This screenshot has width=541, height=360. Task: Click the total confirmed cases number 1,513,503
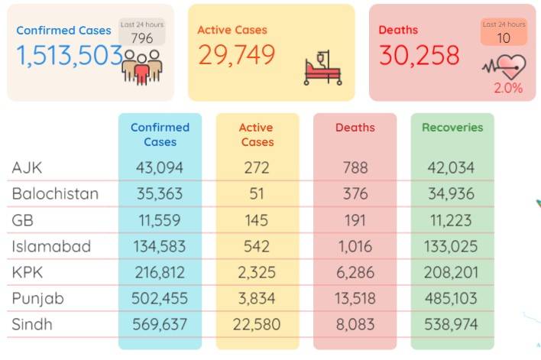(70, 56)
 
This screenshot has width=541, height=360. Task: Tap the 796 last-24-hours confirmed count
(142, 38)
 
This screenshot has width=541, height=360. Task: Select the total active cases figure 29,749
(237, 54)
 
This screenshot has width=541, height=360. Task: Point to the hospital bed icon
(322, 68)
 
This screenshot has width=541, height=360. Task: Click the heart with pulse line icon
(504, 66)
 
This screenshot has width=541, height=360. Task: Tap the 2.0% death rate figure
(508, 88)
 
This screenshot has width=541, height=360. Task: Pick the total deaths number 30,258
(420, 55)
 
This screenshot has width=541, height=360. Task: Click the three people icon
(142, 67)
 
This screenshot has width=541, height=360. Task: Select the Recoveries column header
(452, 128)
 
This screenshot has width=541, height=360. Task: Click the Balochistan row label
(55, 193)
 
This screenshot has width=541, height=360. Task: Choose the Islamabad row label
(51, 246)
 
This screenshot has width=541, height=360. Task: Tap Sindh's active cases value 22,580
(256, 324)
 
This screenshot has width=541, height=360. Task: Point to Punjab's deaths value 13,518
(355, 298)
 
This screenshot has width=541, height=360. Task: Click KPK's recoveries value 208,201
(451, 272)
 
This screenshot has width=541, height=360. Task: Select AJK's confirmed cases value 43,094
(160, 167)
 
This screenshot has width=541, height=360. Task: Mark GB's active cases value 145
(256, 220)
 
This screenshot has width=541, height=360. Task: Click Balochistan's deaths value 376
(355, 193)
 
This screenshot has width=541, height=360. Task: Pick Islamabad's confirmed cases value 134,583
(160, 246)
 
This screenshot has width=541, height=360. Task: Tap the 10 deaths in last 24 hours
(504, 38)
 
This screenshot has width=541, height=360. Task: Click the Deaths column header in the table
(355, 128)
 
